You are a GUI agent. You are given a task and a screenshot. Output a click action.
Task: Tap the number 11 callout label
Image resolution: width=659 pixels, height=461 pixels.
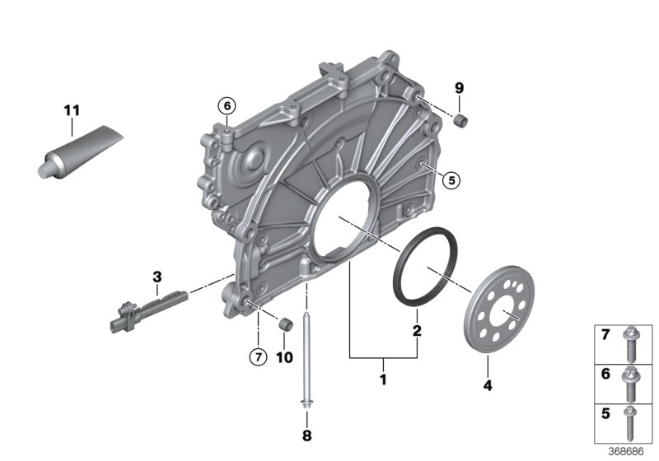(x=72, y=109)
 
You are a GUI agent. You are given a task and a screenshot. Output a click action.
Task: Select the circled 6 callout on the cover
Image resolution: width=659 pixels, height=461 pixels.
(x=226, y=105)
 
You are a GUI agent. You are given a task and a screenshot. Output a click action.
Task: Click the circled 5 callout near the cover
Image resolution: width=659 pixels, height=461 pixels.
(x=449, y=179)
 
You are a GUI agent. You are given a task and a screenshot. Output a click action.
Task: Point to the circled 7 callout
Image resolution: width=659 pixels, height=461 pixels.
(x=257, y=356)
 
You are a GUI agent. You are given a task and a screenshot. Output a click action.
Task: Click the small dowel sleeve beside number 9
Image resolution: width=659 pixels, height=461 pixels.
(x=462, y=122)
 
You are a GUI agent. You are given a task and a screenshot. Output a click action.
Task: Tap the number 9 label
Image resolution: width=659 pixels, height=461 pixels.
(x=460, y=87)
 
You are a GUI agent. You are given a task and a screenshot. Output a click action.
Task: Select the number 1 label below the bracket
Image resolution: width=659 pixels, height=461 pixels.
(x=381, y=381)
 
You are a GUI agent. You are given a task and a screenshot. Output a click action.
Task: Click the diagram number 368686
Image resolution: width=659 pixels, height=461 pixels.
(x=628, y=452)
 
